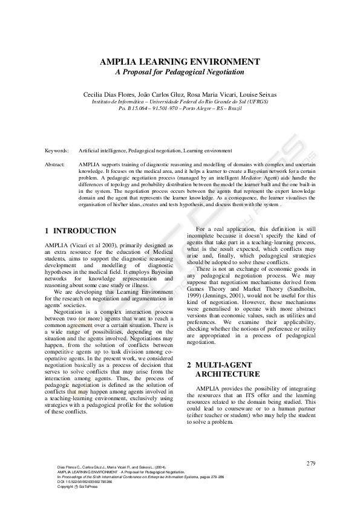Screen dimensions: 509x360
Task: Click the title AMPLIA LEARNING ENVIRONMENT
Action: [x=180, y=62]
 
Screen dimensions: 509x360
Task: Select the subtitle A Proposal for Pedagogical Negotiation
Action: [x=180, y=71]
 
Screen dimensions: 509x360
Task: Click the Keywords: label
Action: [x=56, y=150]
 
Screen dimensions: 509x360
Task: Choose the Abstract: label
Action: [x=55, y=164]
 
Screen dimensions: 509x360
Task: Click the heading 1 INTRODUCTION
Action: [x=81, y=231]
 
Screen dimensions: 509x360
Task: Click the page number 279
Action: [x=311, y=463]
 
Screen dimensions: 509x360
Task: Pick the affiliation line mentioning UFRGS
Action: [x=180, y=102]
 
